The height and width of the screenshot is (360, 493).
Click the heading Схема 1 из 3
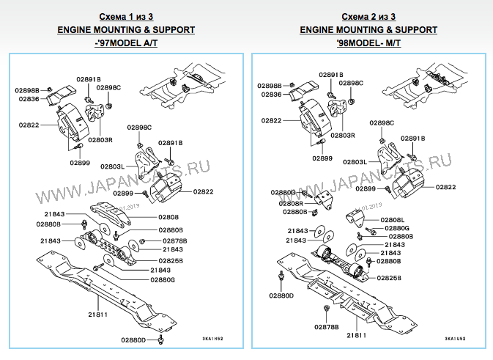[x=126, y=16]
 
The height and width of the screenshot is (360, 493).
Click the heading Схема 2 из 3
[x=368, y=16]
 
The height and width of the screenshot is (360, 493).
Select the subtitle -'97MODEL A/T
[x=126, y=44]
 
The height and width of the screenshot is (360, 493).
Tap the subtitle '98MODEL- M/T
[x=368, y=44]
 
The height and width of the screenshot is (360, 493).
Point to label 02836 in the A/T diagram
[x=29, y=98]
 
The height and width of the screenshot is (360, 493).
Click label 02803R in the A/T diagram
[x=100, y=139]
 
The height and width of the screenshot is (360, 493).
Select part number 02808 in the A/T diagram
[x=168, y=218]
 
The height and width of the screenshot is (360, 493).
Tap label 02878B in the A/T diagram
[x=174, y=240]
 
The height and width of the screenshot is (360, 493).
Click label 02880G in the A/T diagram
[x=163, y=280]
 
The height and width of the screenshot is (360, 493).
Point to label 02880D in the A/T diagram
[x=135, y=340]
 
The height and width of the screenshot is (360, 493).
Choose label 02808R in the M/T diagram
[x=291, y=202]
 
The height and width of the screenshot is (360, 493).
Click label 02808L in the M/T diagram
[x=393, y=220]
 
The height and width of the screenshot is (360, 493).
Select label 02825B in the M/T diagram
[x=389, y=279]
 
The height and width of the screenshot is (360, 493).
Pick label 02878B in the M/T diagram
[x=327, y=326]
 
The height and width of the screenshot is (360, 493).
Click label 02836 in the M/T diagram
[x=271, y=95]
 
